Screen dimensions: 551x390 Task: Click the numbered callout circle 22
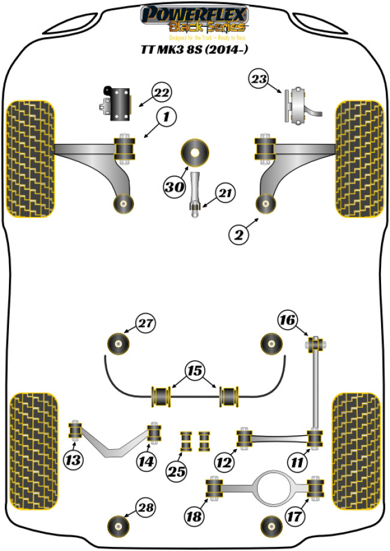[x=161, y=93]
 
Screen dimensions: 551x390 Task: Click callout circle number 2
[x=238, y=236]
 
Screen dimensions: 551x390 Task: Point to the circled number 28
[x=145, y=508]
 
